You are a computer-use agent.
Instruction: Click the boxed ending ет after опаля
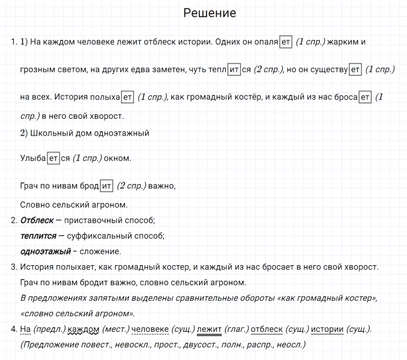(x=286, y=42)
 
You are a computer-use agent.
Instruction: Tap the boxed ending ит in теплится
(x=235, y=70)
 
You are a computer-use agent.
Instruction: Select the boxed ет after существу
(x=355, y=70)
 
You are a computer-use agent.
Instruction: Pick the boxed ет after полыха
(x=128, y=97)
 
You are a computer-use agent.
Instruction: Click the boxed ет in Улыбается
(x=54, y=158)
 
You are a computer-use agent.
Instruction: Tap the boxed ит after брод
(x=107, y=186)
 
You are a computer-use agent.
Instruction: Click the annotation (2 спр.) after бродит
(x=131, y=186)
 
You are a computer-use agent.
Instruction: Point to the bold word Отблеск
(x=37, y=221)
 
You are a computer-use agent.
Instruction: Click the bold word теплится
(x=38, y=236)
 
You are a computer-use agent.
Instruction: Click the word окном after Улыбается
(x=118, y=158)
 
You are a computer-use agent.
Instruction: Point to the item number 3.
(x=13, y=267)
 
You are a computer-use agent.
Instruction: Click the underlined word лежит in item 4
(x=209, y=329)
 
